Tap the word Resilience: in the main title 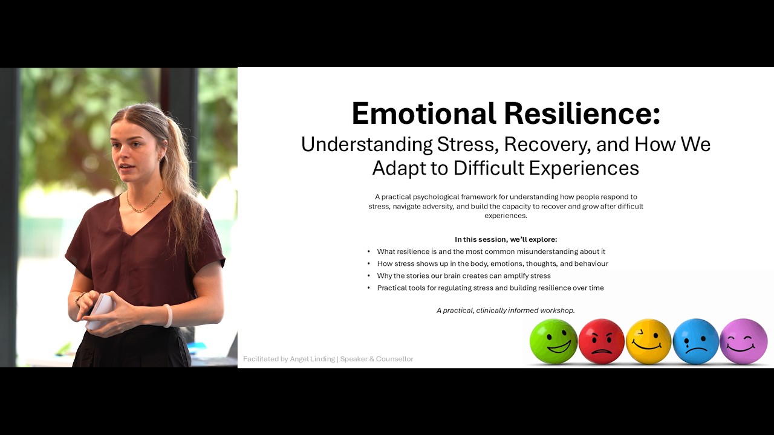(x=582, y=114)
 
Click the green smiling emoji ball (x=553, y=341)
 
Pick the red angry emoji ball (x=601, y=341)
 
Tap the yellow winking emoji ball (x=648, y=341)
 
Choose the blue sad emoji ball (x=695, y=341)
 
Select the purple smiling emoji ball (x=743, y=341)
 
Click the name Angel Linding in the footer (x=312, y=359)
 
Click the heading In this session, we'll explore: (x=506, y=239)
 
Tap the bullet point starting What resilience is (x=490, y=251)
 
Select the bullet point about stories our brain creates (x=463, y=275)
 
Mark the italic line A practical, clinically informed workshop (x=506, y=311)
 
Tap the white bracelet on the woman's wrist (x=167, y=315)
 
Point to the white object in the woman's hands (x=100, y=310)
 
